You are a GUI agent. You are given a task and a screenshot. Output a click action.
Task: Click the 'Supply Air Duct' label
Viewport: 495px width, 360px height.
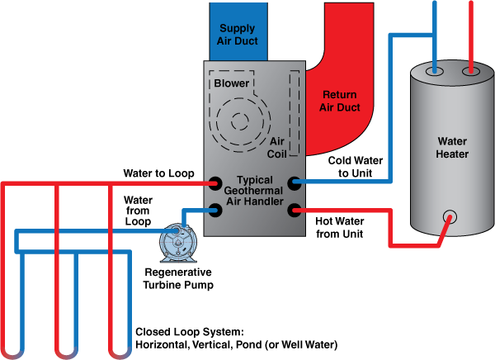tap(238, 35)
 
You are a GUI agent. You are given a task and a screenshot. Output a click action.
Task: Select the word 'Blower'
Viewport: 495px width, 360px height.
tap(232, 83)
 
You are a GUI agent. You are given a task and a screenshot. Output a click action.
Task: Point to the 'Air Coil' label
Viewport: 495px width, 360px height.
tap(276, 148)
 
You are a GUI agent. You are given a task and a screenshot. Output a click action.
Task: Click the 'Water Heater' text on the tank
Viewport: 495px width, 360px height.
tap(452, 148)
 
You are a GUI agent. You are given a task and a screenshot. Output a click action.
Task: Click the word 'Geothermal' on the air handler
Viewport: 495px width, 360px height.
tap(255, 191)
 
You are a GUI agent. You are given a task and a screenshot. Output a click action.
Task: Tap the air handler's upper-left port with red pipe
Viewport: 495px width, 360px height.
tap(214, 182)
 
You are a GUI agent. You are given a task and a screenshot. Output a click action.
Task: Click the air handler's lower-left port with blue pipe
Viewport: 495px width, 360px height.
tap(214, 210)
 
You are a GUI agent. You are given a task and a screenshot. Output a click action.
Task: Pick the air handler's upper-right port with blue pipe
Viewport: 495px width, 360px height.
tap(295, 182)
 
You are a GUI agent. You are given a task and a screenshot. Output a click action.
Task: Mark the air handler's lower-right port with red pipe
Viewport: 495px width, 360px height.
tap(295, 210)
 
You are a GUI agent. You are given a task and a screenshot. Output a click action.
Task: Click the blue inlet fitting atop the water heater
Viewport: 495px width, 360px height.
tap(434, 72)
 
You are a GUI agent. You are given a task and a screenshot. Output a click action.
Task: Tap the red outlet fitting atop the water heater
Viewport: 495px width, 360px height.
tap(471, 72)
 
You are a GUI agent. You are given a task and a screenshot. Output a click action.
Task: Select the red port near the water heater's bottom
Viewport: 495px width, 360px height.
tap(449, 218)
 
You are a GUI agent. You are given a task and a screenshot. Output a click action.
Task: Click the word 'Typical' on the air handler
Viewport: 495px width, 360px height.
tap(255, 179)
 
